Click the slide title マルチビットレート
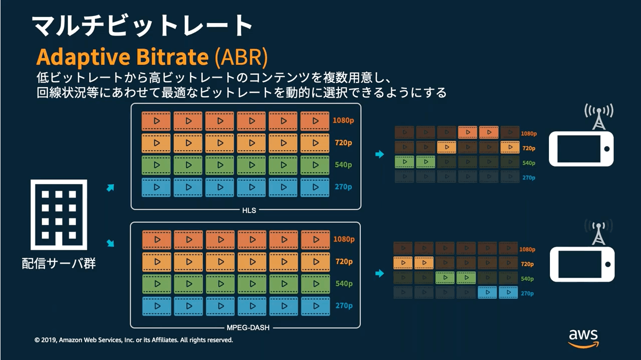[142, 25]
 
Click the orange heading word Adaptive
[83, 57]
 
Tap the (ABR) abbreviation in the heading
[241, 57]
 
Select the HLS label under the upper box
[249, 210]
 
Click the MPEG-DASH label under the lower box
[248, 327]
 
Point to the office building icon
[59, 215]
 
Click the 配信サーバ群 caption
[59, 263]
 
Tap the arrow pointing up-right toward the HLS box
[110, 188]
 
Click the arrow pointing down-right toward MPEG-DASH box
[110, 243]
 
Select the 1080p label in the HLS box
[343, 120]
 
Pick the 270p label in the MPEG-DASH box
[344, 305]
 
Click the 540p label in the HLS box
[343, 165]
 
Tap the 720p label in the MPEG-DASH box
[344, 261]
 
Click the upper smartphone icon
[581, 149]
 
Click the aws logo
[583, 338]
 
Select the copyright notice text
[134, 340]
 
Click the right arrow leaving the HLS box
[379, 154]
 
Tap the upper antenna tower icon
[598, 117]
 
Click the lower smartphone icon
[582, 264]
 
